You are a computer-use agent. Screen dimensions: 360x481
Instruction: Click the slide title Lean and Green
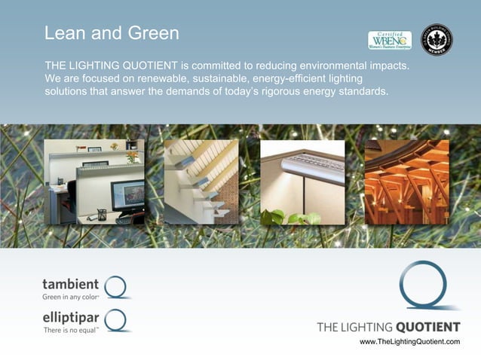[x=112, y=34]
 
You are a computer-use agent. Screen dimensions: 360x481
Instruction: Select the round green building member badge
[x=436, y=39]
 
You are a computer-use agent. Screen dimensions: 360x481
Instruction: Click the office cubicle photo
[x=94, y=182]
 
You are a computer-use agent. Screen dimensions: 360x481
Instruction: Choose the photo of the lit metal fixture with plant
[x=302, y=182]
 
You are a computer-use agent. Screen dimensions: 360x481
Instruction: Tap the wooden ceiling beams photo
[x=406, y=182]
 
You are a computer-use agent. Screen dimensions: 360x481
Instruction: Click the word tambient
[x=70, y=284]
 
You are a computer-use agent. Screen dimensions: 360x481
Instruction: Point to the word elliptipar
[x=70, y=318]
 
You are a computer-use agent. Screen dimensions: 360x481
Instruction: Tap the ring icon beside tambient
[x=117, y=287]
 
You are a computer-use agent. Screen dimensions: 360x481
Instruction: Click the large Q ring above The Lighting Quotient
[x=426, y=285]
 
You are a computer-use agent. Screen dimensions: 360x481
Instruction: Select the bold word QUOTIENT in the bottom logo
[x=427, y=327]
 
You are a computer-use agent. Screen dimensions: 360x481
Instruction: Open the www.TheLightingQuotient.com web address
[x=409, y=342]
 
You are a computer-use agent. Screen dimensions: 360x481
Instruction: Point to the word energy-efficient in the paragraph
[x=294, y=79]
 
